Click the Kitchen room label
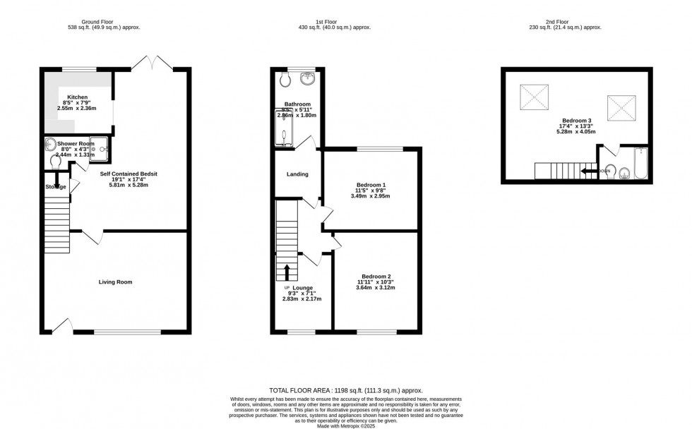tap(78, 97)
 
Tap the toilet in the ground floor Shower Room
tap(56, 162)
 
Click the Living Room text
tap(115, 282)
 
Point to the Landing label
tap(297, 174)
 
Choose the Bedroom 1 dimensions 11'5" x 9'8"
tap(371, 191)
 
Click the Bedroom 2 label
tap(376, 276)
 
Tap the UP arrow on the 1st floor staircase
tap(287, 272)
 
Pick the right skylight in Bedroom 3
tap(620, 108)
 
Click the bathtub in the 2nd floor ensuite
tap(640, 163)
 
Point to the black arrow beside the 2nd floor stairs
tap(589, 171)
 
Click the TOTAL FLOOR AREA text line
tap(346, 390)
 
